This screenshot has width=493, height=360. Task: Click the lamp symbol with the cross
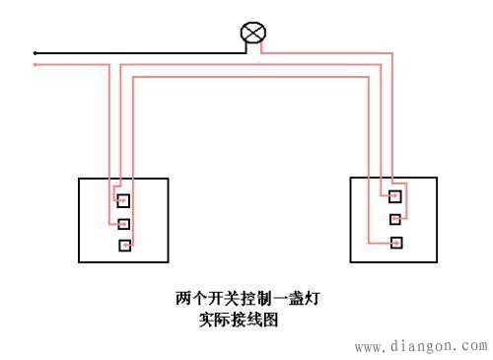coord(253,35)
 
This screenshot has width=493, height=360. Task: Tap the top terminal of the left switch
coord(123,200)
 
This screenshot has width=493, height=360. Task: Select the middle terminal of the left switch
coord(123,223)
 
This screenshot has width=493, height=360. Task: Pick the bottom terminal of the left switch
coord(123,245)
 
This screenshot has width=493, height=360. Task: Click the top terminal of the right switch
coord(395,195)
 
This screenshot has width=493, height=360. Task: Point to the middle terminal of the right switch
coord(395,218)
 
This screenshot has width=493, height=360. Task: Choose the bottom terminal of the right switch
coord(395,241)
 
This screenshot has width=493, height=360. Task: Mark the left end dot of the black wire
coord(35,52)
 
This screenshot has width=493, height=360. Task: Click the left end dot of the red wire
coord(35,65)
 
